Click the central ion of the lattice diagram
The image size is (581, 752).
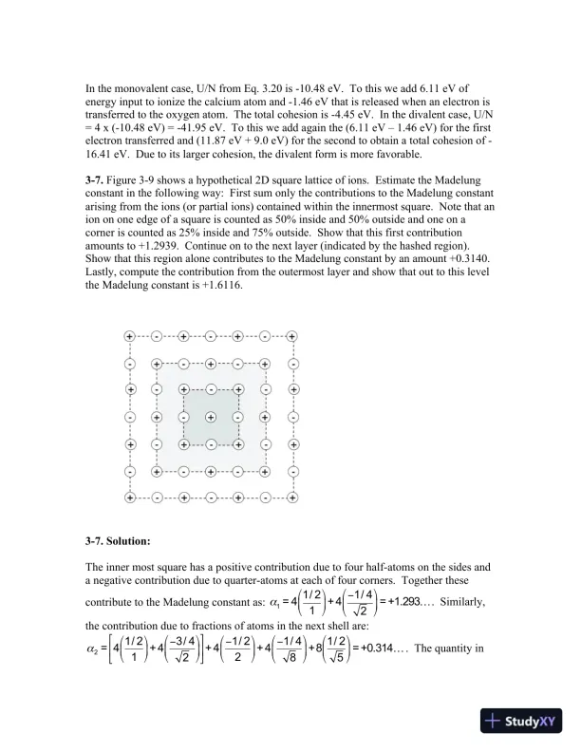coord(211,417)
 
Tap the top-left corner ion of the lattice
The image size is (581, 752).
coord(129,336)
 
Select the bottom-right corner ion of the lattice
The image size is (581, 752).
coord(292,498)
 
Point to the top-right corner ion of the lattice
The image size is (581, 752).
coord(292,336)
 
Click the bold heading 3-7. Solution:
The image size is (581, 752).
coord(118,541)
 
